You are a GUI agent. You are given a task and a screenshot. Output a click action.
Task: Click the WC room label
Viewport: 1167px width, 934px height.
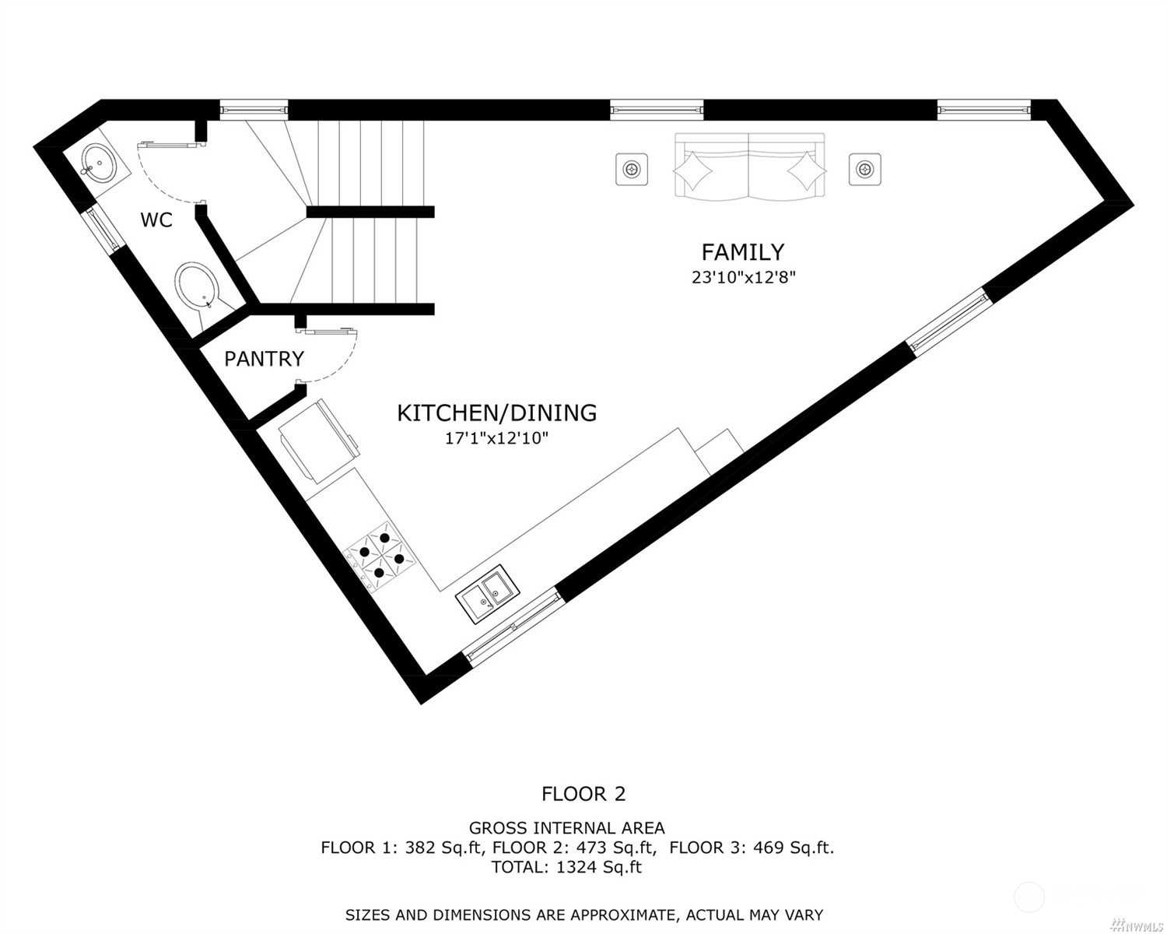tap(156, 219)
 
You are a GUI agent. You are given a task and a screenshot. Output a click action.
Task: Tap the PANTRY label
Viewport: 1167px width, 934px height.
tap(264, 359)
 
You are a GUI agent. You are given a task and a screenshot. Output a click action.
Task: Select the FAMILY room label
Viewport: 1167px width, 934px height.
tap(742, 252)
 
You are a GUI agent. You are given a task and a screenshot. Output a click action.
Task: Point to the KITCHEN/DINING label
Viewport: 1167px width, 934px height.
tap(496, 413)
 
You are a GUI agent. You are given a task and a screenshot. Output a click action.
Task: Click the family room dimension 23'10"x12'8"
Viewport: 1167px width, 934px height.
tap(744, 277)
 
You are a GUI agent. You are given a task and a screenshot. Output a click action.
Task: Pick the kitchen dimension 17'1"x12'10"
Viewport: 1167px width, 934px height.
tap(496, 438)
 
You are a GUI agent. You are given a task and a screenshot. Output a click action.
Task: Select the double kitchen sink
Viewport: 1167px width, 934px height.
tap(488, 594)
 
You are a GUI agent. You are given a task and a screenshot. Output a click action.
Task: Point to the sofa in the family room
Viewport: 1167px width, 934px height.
tap(750, 165)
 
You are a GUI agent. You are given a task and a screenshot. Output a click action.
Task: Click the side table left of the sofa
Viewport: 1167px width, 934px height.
tap(631, 170)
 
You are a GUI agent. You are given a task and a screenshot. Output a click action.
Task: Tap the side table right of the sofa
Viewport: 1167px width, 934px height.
tap(864, 170)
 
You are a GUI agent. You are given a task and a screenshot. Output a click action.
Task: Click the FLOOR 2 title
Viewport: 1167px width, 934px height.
tap(583, 794)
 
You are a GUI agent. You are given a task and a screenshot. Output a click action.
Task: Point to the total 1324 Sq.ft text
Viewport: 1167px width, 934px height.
tap(566, 867)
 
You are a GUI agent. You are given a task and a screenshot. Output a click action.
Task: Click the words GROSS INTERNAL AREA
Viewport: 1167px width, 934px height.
tap(566, 827)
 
